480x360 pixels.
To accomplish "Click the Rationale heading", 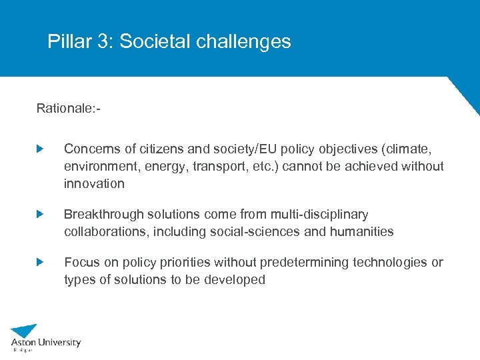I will click(69, 108).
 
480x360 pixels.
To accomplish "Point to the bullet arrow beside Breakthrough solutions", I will click(40, 214).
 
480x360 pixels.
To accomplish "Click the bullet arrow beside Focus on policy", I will click(40, 262).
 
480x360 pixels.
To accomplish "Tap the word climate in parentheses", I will click(418, 148).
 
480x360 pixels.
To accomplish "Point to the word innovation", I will click(94, 183).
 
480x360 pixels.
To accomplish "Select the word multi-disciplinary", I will click(319, 214).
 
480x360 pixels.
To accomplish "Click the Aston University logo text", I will click(45, 343).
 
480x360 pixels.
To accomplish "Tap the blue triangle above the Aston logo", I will click(25, 330).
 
